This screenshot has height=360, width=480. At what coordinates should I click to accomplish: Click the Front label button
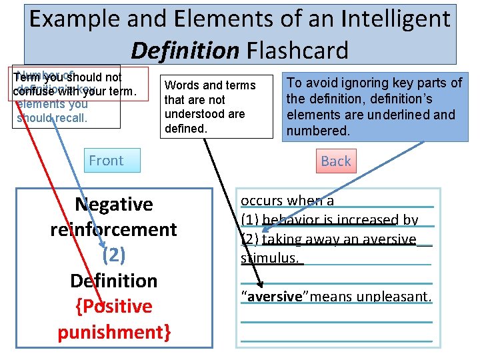tap(107, 161)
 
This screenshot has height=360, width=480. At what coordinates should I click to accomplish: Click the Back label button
tap(335, 161)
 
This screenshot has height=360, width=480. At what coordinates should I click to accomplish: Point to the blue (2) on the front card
tap(113, 255)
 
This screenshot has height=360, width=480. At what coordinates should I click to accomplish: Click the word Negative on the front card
tap(113, 204)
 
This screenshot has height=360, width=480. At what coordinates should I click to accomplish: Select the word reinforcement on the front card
tap(113, 229)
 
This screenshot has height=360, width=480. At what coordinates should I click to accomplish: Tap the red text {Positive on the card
tap(113, 306)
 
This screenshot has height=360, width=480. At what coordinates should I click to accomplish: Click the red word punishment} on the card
tap(113, 331)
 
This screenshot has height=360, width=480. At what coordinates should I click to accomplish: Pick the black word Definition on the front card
tap(113, 281)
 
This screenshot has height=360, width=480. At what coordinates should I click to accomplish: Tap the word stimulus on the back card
tap(270, 258)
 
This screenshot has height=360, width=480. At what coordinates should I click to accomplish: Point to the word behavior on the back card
tap(288, 220)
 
